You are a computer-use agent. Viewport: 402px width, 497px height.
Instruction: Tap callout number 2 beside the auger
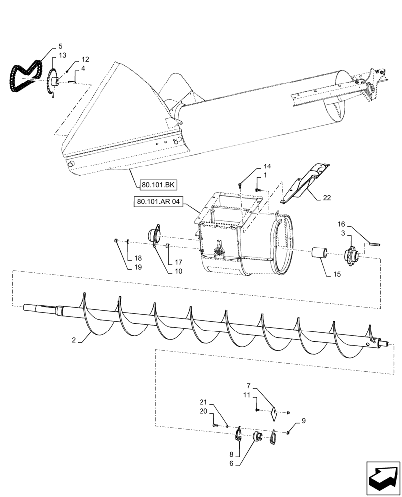point(74,340)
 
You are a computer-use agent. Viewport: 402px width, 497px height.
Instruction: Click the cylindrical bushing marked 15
point(318,254)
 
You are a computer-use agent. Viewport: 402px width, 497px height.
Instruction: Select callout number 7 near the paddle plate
point(249,386)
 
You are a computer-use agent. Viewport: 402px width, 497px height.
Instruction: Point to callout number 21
point(203,402)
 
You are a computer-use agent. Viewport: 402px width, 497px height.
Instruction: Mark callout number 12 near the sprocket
point(85,59)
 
